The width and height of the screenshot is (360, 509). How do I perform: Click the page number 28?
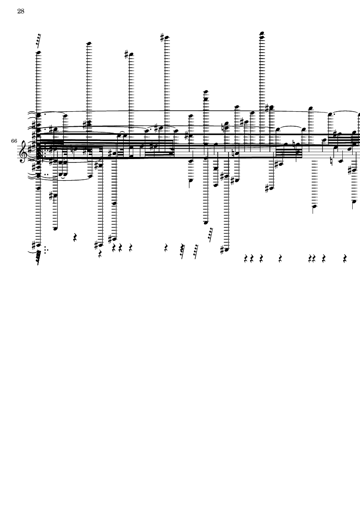click(21, 11)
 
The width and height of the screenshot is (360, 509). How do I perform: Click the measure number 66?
click(14, 141)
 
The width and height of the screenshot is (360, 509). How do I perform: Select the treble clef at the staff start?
click(23, 151)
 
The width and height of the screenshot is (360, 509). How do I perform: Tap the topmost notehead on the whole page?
click(262, 33)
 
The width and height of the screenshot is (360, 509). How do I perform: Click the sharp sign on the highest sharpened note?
click(162, 37)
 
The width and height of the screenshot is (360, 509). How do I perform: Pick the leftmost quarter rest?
click(75, 237)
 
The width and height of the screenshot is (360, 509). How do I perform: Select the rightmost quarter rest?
click(345, 259)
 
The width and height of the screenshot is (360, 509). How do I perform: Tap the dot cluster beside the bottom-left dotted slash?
click(46, 250)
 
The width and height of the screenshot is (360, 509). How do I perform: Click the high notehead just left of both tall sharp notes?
click(89, 44)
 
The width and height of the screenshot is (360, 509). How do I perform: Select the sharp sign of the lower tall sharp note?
click(127, 54)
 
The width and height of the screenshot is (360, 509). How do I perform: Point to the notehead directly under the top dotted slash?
click(38, 53)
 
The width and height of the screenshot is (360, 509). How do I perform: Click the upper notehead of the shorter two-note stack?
click(206, 92)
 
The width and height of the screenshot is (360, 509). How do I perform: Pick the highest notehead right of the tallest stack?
click(311, 108)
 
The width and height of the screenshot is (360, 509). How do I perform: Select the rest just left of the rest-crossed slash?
click(166, 248)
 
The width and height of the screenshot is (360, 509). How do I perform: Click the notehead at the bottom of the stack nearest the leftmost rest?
click(55, 228)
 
